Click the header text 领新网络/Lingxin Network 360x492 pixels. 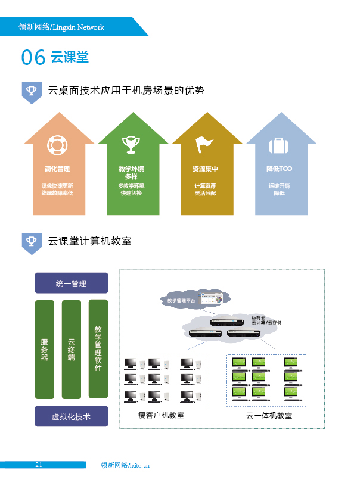click(61, 27)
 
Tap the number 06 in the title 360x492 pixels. click(33, 57)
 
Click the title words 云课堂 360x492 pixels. click(70, 57)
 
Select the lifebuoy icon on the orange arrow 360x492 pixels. click(58, 145)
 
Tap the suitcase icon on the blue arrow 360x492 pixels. click(278, 145)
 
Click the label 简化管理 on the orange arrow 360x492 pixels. click(57, 169)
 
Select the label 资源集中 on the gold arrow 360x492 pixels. click(204, 169)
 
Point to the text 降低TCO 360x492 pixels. click(279, 169)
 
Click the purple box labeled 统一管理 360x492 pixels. click(72, 284)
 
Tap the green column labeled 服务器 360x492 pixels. click(45, 350)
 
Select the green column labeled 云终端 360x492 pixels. click(72, 350)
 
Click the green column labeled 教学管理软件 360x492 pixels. click(98, 348)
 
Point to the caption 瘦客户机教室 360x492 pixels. click(161, 415)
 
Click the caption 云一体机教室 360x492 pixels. click(269, 416)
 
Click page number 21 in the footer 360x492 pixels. click(38, 465)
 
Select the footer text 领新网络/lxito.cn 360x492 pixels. click(125, 465)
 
